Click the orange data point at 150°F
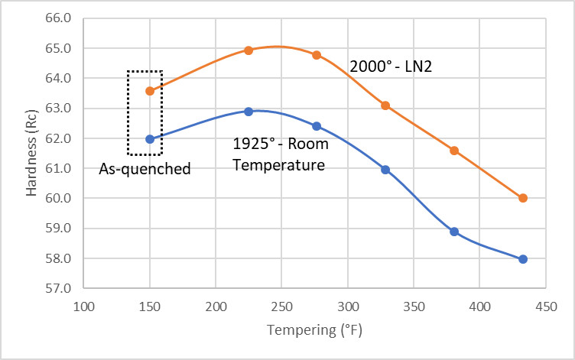coord(150,91)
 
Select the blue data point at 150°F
coord(150,139)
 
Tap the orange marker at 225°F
coord(249,50)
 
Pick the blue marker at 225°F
coord(249,112)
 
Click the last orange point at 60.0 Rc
coord(523,198)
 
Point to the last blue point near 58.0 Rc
coord(523,259)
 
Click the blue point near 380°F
coord(454,232)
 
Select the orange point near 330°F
coord(385,105)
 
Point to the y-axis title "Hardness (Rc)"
coord(31,153)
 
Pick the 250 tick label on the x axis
coord(281,306)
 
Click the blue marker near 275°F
coord(317,126)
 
